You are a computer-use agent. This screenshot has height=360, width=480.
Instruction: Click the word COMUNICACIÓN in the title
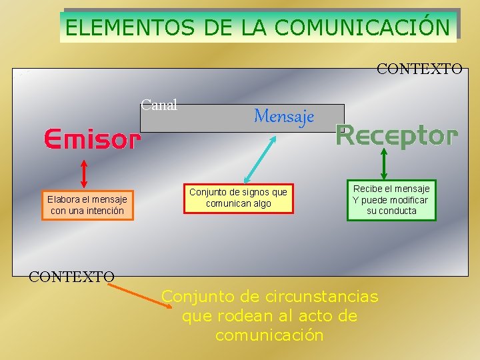361,27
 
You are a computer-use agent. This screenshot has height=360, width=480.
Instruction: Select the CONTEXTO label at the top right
419,69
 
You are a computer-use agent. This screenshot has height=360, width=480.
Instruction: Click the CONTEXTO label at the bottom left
71,276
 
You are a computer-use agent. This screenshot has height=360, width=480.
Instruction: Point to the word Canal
159,105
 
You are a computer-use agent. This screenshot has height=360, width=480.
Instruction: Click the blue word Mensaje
283,117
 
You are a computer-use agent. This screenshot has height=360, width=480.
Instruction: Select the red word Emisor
93,140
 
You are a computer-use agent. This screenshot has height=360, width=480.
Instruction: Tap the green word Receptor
397,135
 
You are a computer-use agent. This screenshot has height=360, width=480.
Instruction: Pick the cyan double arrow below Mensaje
261,158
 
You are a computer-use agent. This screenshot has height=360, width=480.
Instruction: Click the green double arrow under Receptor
385,162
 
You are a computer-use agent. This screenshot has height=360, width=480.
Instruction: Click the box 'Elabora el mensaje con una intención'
87,205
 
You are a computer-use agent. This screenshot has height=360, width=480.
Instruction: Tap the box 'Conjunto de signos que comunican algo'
238,198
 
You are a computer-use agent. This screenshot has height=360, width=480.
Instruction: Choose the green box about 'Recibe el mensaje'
391,200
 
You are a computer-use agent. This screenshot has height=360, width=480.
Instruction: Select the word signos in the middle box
256,192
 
